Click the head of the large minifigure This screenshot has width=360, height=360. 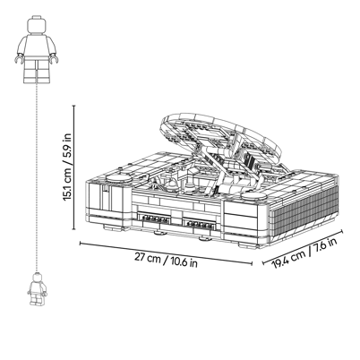coord(37,24)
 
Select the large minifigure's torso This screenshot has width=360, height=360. coord(37,47)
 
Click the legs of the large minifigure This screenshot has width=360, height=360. coord(37,72)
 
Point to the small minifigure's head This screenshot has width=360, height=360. coord(37,278)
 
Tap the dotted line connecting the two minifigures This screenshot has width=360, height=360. coord(37,178)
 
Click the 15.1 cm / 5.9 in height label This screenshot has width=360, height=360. coord(68,167)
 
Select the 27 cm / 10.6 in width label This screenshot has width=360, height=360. coord(166,260)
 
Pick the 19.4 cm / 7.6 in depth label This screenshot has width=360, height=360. coord(304,253)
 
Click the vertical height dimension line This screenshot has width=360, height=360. coord(74,167)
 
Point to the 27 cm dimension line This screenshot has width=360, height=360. coord(166,253)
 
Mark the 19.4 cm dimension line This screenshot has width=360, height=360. coord(303,247)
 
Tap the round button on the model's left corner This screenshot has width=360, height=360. coord(118,178)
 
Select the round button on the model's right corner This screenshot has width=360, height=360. coord(254,196)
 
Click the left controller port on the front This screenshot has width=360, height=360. coord(153,218)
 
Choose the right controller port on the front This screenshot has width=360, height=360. coord(199,223)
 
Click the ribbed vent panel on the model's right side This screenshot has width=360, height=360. coord(304,213)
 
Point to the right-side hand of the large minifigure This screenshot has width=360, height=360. coord(54,58)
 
